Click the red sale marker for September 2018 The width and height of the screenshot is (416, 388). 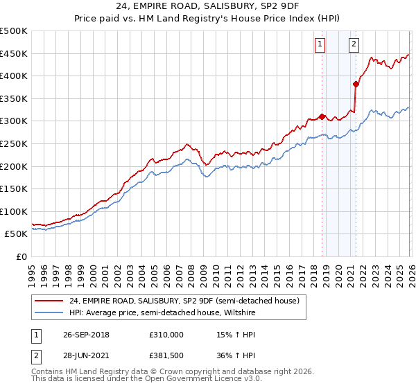click(x=322, y=116)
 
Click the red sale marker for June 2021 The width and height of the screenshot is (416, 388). click(x=356, y=84)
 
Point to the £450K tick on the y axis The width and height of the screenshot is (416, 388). click(x=14, y=54)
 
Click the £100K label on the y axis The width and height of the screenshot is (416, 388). click(x=14, y=211)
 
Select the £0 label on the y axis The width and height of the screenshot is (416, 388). click(x=22, y=256)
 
